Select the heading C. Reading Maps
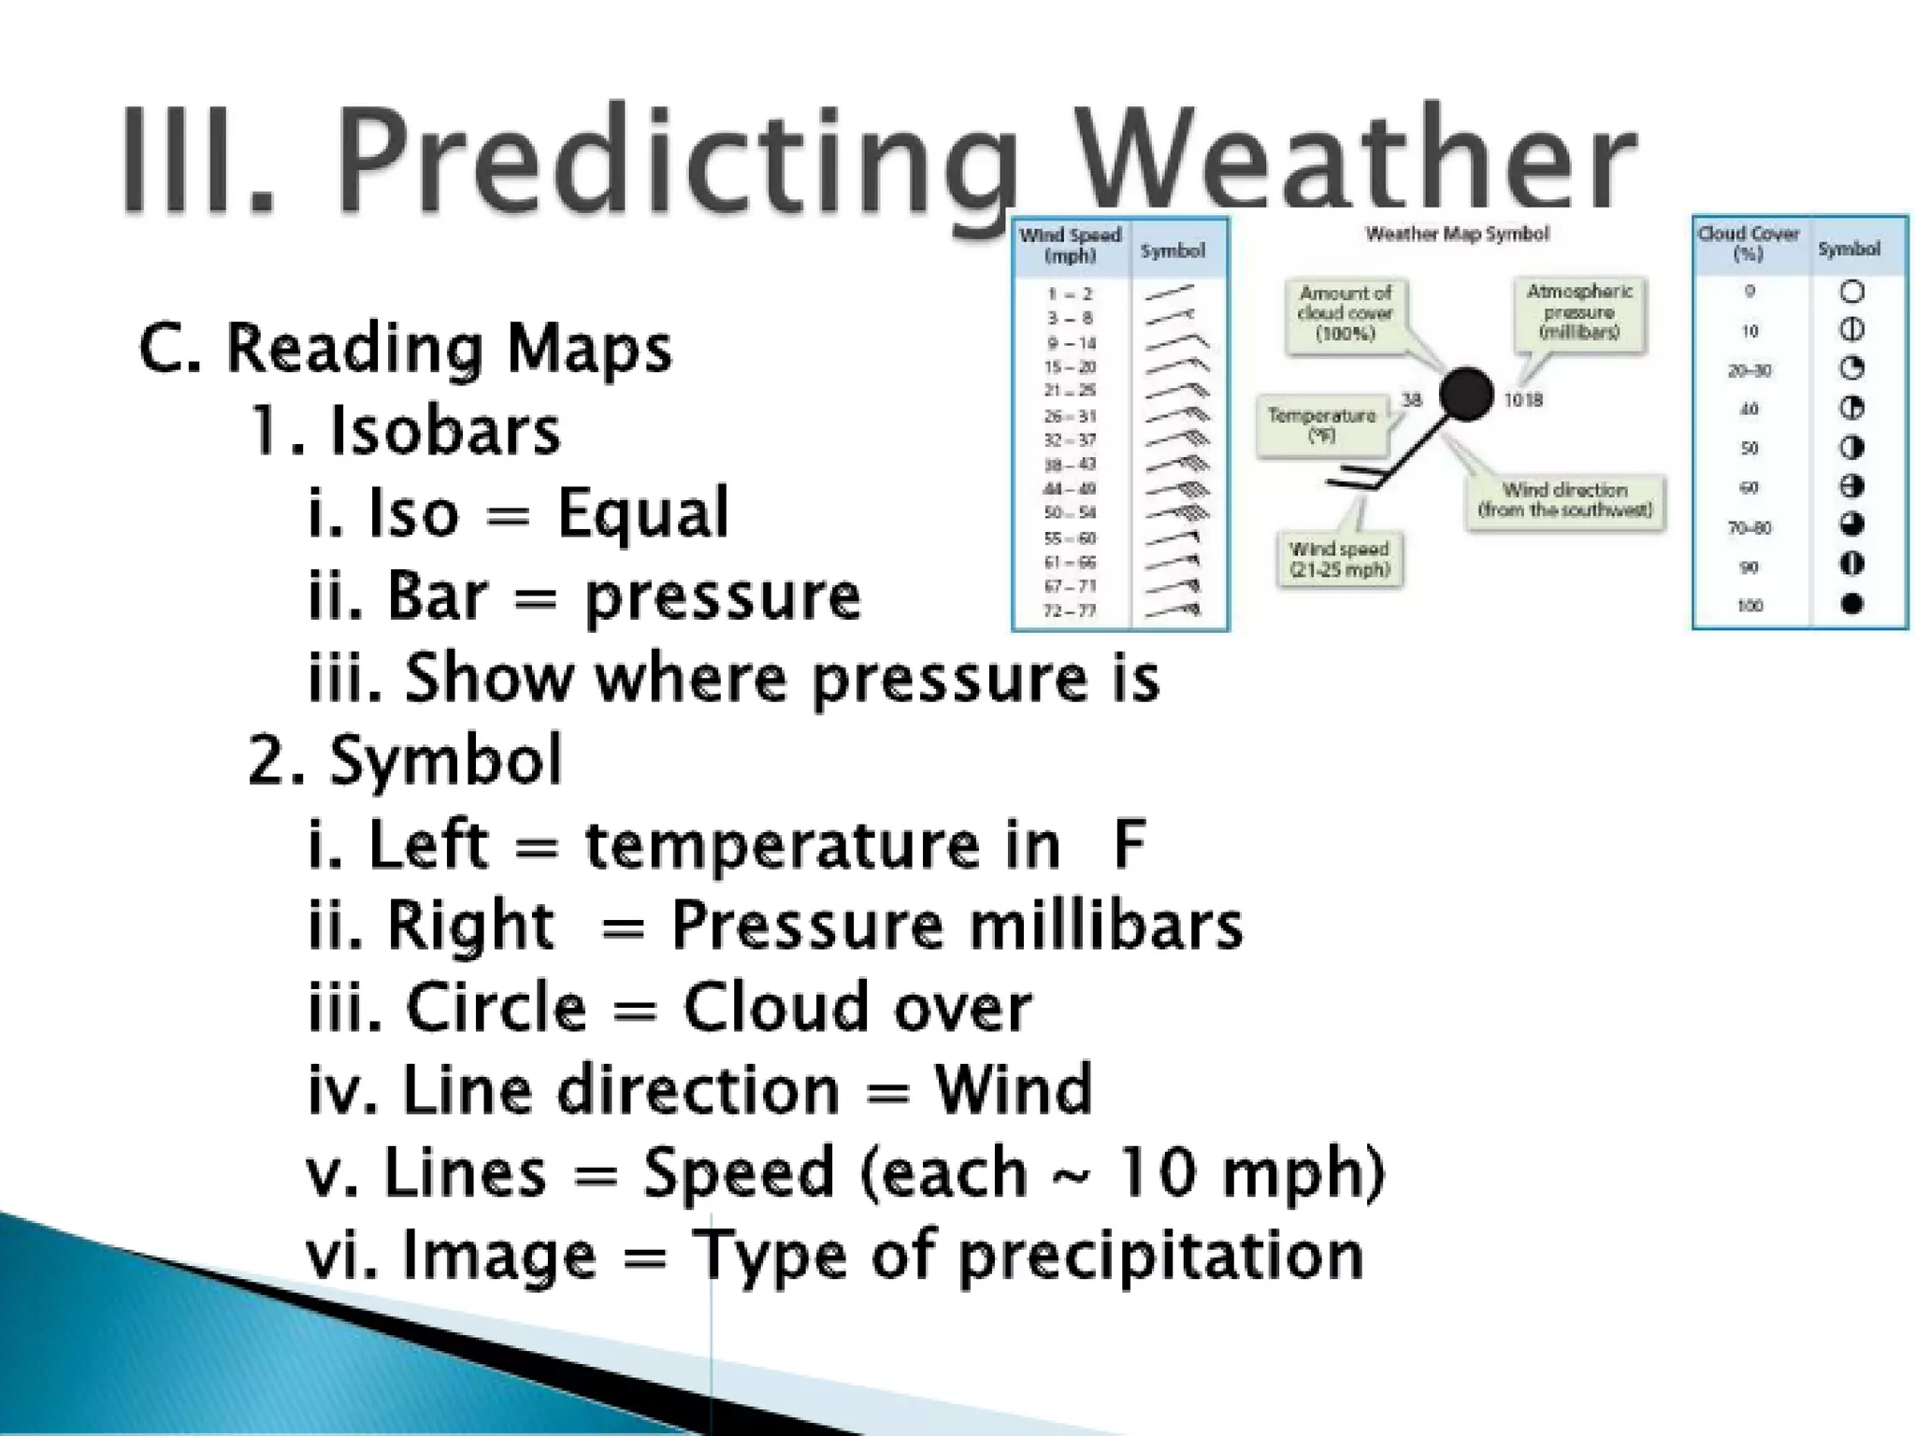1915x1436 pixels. pos(405,349)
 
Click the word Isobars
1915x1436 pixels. pos(444,431)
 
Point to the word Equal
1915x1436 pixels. pos(642,513)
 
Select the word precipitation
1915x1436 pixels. pos(1160,1255)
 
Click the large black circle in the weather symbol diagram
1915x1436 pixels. pos(1465,395)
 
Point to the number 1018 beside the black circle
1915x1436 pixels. pos(1523,400)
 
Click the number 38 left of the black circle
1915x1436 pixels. pos(1411,399)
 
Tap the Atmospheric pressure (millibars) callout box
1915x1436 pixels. pos(1579,312)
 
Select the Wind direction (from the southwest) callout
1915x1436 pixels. pos(1565,500)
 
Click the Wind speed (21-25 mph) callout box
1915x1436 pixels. pos(1339,559)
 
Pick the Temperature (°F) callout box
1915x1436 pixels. pos(1321,425)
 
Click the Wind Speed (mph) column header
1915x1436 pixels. pos(1070,246)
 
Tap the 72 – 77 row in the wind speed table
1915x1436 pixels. pos(1070,611)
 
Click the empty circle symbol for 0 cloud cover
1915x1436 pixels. pos(1851,292)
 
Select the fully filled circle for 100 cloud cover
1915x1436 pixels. pos(1851,604)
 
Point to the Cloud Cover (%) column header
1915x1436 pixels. pos(1748,243)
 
